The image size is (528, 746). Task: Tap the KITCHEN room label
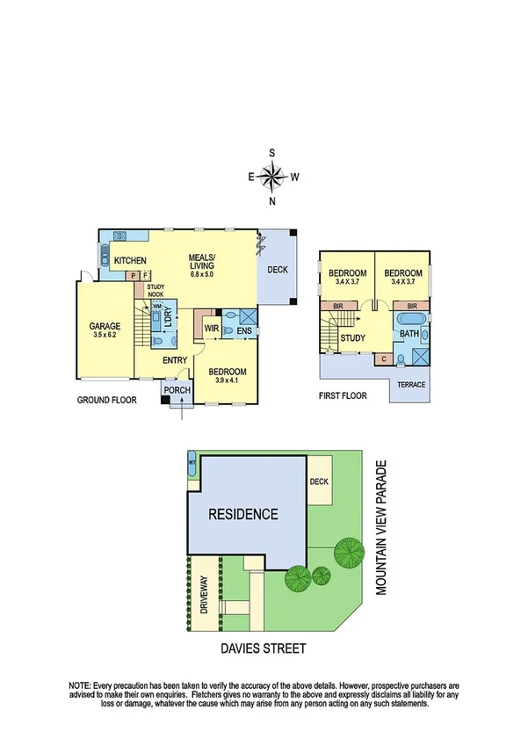pos(128,260)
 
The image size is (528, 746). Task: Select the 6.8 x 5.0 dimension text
pos(201,275)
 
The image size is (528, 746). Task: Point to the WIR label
pos(211,330)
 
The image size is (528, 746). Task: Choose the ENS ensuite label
pos(244,331)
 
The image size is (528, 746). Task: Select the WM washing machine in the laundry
pos(157,307)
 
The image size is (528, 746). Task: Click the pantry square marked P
pos(134,276)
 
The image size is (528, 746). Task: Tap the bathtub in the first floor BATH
pos(410,318)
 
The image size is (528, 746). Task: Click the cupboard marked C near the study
pos(383,358)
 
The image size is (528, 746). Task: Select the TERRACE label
pos(412,384)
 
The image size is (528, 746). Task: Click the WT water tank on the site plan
pos(192,463)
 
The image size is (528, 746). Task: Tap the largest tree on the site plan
pos(349,552)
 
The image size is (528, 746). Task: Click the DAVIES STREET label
pos(264,648)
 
